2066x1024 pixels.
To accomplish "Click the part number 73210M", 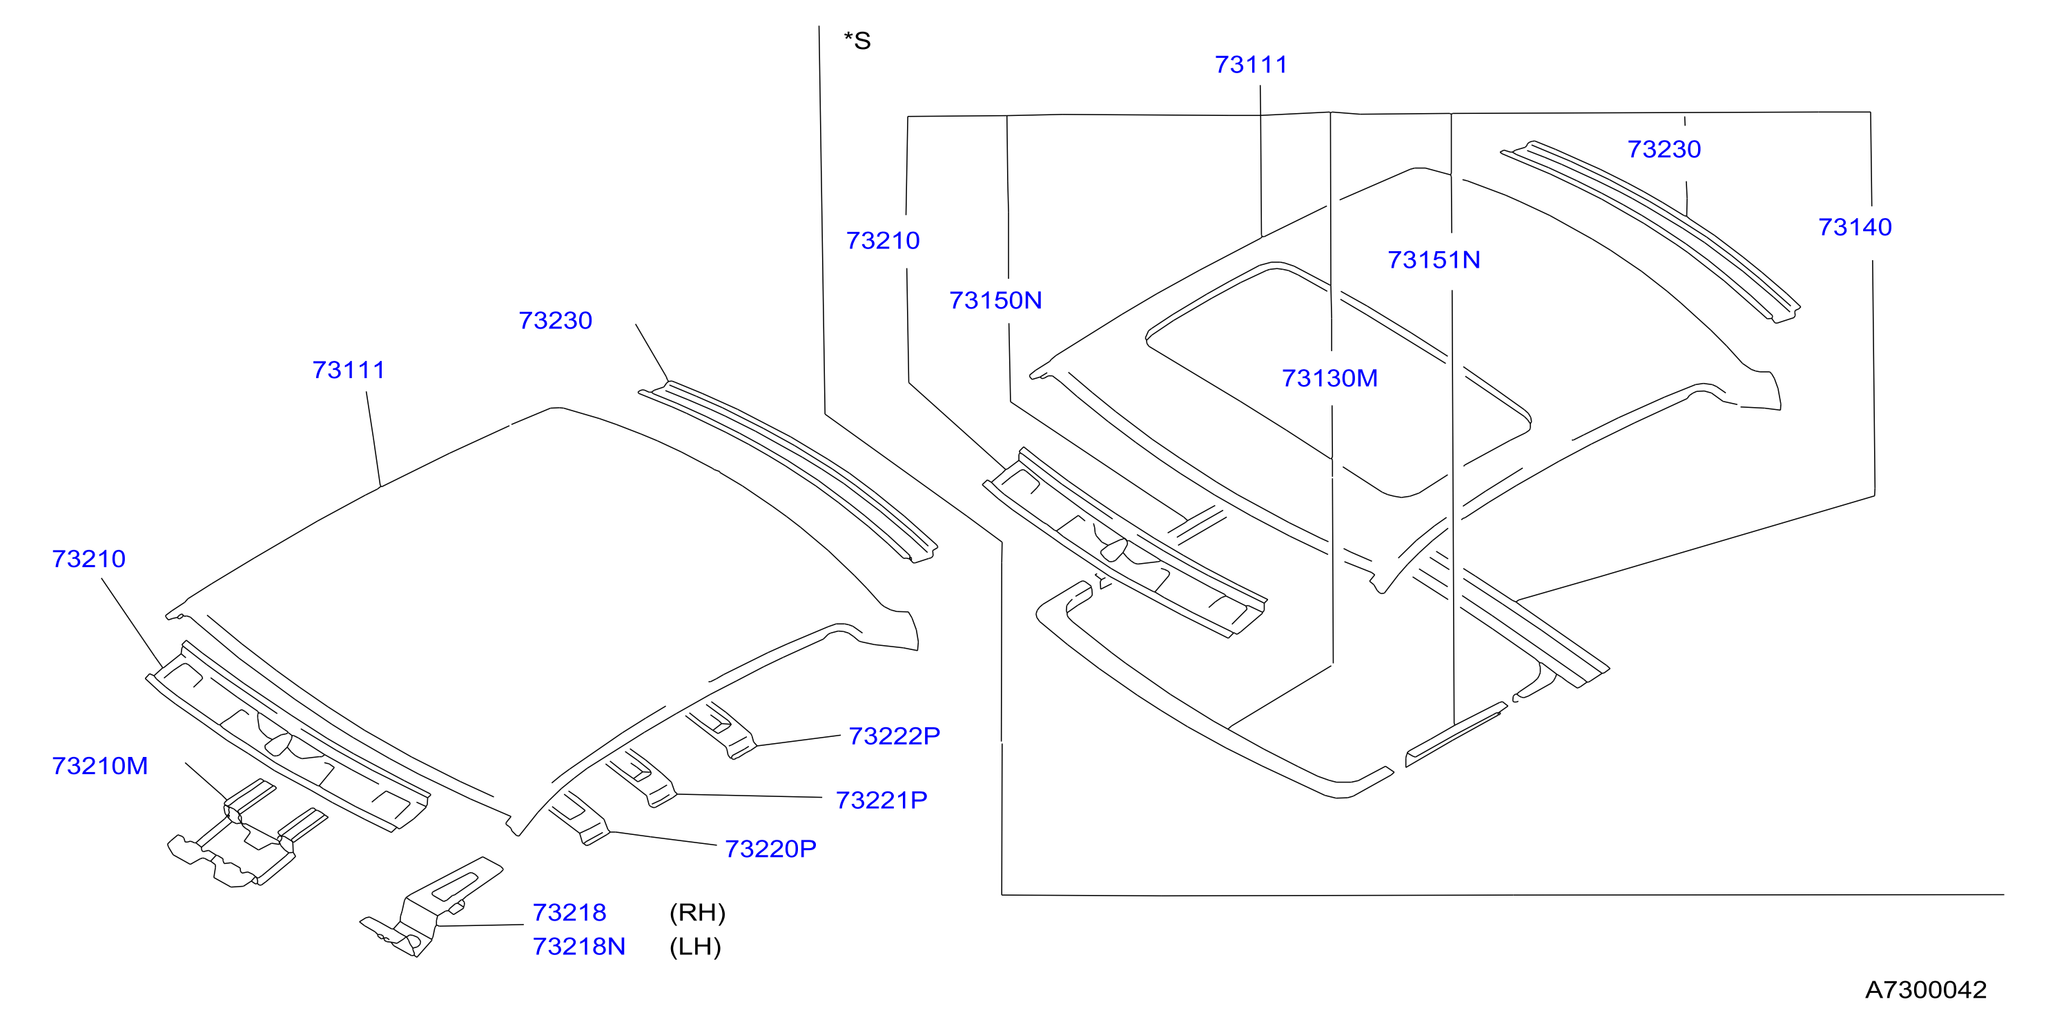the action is tap(100, 766).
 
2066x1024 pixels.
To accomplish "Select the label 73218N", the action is tap(579, 946).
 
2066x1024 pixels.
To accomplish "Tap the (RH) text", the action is tap(697, 912).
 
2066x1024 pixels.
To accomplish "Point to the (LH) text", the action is tap(695, 946).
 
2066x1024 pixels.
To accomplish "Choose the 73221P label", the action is tap(881, 800).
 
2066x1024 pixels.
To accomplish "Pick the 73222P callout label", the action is tap(894, 736).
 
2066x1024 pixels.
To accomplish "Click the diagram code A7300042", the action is tap(1926, 989).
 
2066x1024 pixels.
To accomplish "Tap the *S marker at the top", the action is tap(857, 41).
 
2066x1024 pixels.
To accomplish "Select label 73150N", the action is tap(995, 300).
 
